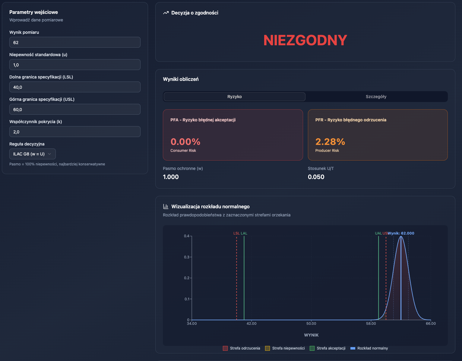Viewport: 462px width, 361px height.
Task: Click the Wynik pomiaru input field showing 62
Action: click(x=75, y=42)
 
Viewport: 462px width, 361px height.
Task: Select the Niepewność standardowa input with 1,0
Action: click(x=75, y=65)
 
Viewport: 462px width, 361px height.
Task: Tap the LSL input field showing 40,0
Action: click(x=75, y=87)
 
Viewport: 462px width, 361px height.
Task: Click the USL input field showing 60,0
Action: click(x=75, y=109)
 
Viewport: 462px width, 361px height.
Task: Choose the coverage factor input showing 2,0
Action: click(x=75, y=132)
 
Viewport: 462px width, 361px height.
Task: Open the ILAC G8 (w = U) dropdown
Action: click(x=33, y=154)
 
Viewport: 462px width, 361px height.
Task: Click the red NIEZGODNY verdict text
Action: click(x=305, y=40)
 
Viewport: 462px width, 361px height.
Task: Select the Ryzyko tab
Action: click(x=234, y=97)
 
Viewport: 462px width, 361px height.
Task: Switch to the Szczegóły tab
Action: click(x=376, y=97)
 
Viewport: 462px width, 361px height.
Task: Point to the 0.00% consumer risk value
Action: click(x=185, y=142)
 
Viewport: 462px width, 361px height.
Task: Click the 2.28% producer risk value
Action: click(x=330, y=142)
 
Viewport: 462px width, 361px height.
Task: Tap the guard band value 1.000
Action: click(x=171, y=177)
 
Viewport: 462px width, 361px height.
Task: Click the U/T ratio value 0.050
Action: click(x=316, y=177)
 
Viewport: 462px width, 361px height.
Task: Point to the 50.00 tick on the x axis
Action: click(x=311, y=324)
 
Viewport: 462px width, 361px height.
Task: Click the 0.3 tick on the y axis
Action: click(x=187, y=257)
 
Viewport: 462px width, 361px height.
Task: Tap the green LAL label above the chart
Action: click(x=244, y=233)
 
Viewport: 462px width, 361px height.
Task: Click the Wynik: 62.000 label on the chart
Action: click(x=401, y=233)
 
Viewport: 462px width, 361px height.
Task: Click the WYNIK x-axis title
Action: click(x=311, y=335)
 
